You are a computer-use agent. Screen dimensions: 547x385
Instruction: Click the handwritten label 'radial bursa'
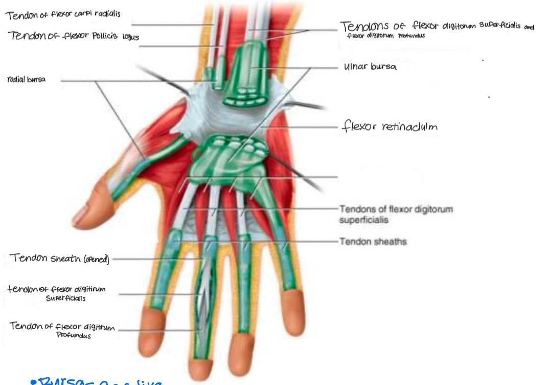click(27, 80)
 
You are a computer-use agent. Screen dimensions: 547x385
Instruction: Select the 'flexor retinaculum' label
click(390, 126)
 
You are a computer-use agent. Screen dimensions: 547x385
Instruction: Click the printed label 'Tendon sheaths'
click(373, 241)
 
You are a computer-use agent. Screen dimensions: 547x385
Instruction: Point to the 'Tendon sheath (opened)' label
click(59, 259)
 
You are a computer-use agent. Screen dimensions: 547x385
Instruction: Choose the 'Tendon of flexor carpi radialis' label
click(63, 14)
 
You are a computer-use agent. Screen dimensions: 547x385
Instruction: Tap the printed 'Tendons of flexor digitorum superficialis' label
click(396, 214)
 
